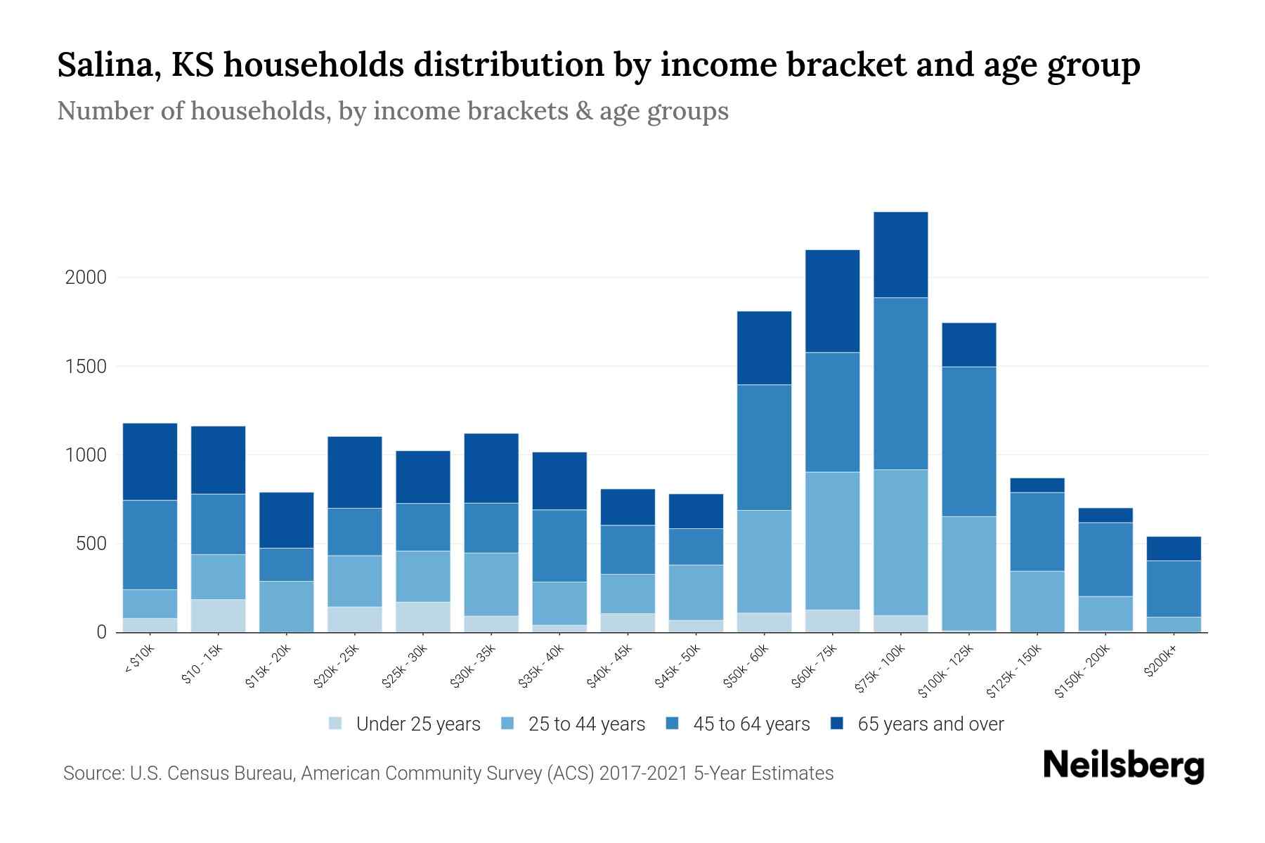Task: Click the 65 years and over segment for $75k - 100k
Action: click(x=900, y=254)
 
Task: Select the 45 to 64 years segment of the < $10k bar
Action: click(x=150, y=544)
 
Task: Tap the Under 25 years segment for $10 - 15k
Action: click(x=218, y=615)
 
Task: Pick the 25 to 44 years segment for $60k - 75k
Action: click(x=832, y=540)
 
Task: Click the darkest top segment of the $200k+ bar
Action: click(x=1173, y=548)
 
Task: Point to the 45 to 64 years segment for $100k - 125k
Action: click(x=968, y=441)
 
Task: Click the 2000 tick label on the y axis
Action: click(x=86, y=277)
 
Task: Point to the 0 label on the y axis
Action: click(x=102, y=632)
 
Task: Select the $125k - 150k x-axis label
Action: click(x=1013, y=672)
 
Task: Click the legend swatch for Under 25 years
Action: click(x=336, y=724)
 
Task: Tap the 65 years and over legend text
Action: click(x=930, y=724)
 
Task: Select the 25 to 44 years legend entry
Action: click(x=586, y=724)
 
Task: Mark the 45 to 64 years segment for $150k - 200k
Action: click(x=1105, y=559)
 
